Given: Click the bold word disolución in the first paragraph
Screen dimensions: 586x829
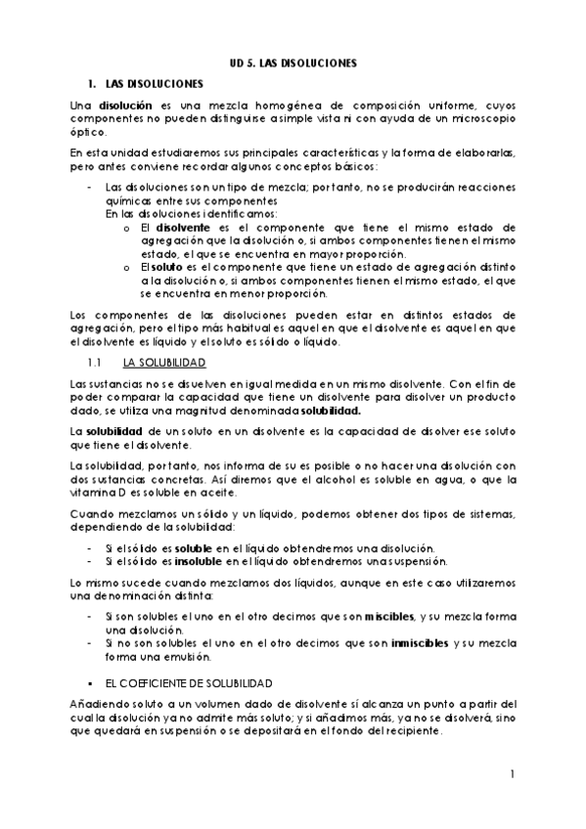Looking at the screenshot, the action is [124, 104].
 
